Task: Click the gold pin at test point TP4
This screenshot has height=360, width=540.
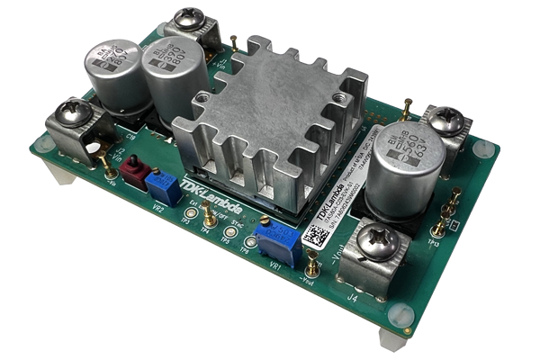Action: pyautogui.click(x=206, y=214)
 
